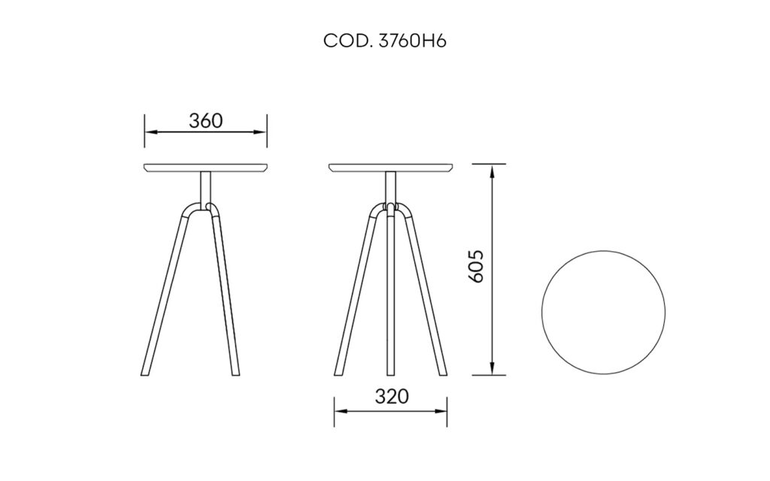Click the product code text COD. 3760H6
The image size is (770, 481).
[x=385, y=41]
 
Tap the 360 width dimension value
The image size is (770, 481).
[x=205, y=120]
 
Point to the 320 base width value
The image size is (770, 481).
[x=391, y=396]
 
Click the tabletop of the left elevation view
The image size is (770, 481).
[x=205, y=168]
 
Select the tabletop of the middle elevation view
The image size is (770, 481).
[x=391, y=168]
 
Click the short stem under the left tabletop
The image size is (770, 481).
[x=205, y=186]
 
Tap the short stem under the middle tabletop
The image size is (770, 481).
[x=390, y=186]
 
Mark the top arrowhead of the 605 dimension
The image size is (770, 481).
[x=493, y=170]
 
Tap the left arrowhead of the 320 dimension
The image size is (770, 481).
[x=340, y=410]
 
